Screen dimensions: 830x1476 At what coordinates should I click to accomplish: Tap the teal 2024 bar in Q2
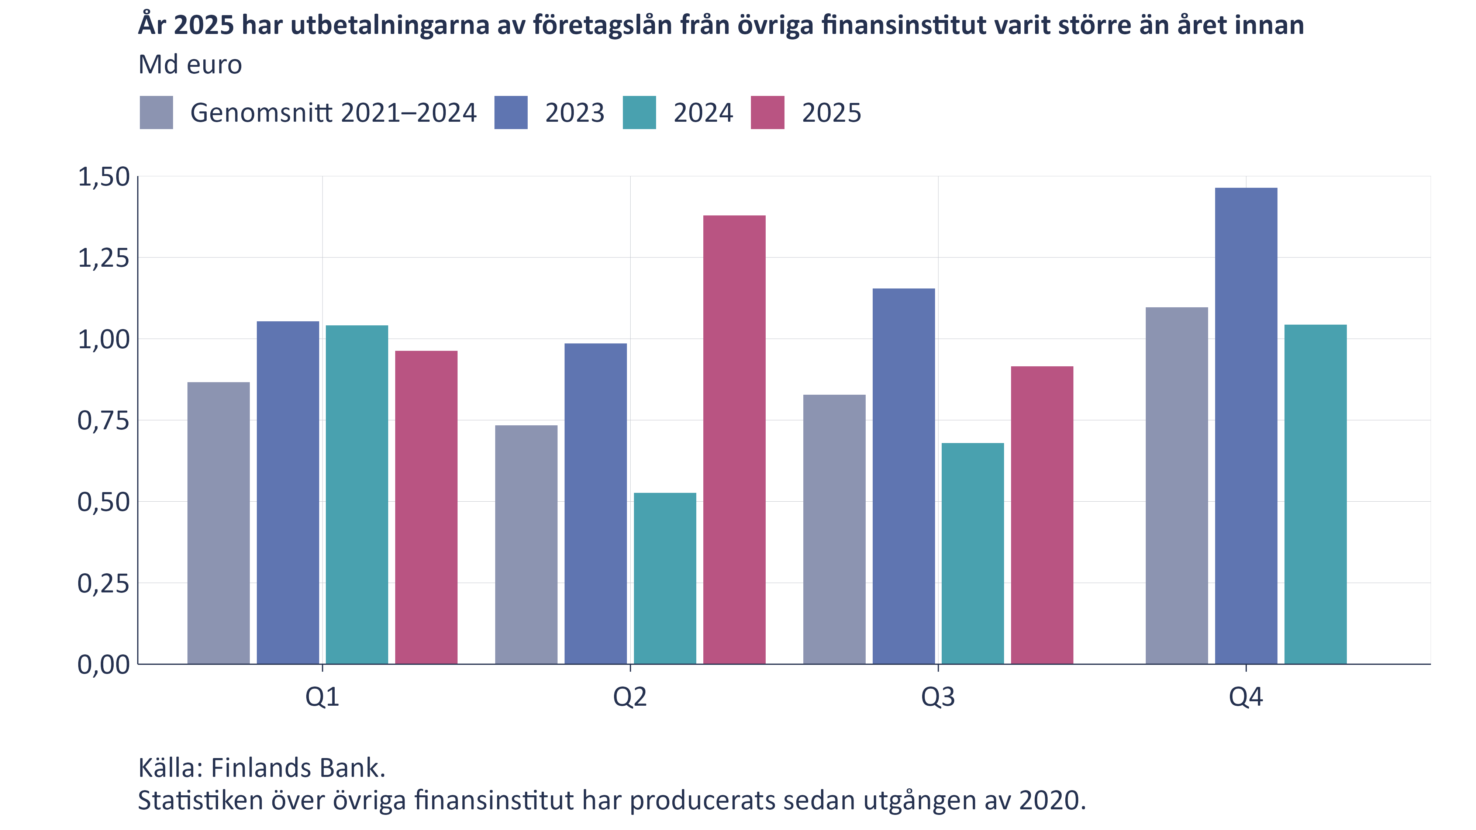point(665,578)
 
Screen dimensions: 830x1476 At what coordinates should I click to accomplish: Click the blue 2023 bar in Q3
point(904,476)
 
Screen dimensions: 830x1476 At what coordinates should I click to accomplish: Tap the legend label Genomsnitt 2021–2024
point(333,113)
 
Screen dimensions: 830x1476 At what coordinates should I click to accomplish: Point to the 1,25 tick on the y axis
point(104,258)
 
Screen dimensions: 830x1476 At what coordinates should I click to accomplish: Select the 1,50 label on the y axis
point(104,177)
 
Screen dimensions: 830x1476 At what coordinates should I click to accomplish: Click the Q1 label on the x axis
point(322,697)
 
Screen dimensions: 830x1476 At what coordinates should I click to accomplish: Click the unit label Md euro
point(190,65)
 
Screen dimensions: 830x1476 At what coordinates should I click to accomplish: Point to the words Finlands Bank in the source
point(297,768)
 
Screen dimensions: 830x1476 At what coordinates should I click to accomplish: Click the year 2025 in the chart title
point(203,25)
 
